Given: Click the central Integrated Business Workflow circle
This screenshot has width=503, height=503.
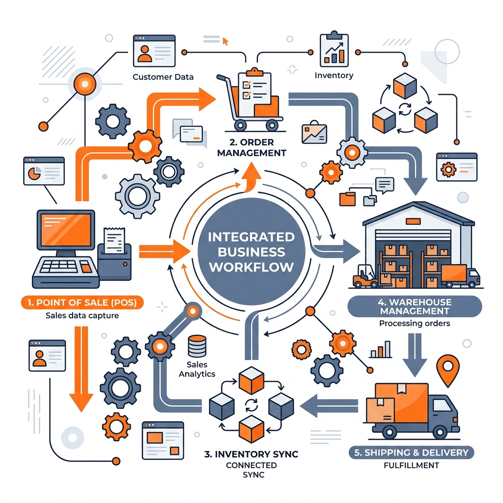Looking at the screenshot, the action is [251, 251].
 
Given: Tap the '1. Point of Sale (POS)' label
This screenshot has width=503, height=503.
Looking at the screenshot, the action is [82, 303].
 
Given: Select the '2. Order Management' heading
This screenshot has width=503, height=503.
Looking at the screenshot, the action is [251, 147].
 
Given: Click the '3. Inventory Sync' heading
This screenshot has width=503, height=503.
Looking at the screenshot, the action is [251, 454].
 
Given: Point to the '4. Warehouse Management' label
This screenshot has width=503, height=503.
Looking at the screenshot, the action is [415, 307].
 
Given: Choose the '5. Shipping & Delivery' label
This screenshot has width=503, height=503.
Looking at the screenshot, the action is [411, 452].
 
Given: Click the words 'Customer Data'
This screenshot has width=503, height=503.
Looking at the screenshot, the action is [163, 77].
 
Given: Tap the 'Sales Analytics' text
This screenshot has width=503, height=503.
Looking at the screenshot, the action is [197, 369].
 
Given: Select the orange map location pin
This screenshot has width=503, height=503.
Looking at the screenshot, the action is [448, 369].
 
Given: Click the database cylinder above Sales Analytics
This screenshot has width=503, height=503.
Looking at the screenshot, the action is [197, 346].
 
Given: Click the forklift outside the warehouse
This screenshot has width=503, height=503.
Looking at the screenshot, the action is [365, 276].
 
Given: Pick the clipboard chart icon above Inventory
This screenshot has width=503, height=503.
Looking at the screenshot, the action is [334, 49].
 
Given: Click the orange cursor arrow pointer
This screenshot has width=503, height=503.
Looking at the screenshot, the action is [225, 41].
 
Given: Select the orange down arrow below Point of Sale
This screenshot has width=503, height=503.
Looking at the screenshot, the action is [81, 369].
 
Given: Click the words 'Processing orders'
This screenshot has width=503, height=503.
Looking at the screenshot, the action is [415, 323].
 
